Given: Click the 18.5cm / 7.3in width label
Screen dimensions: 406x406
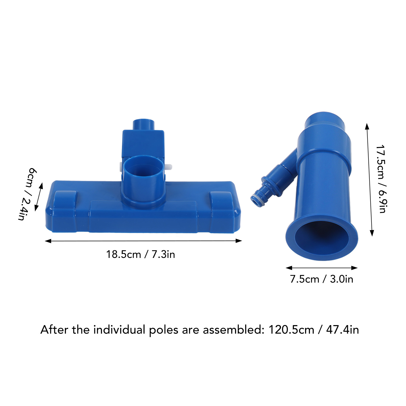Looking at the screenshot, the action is pos(140,254).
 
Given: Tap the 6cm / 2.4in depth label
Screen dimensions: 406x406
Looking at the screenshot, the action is pos(27,194).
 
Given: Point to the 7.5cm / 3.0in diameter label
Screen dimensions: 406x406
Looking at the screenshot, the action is pos(322,279).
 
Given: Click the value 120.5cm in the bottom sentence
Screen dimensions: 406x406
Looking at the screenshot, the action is pos(291,330).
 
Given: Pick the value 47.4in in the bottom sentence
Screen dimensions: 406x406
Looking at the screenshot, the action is pos(343,330).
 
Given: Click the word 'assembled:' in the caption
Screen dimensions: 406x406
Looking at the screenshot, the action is pos(234,330).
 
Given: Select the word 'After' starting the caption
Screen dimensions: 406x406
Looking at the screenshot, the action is pos(54,330).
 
